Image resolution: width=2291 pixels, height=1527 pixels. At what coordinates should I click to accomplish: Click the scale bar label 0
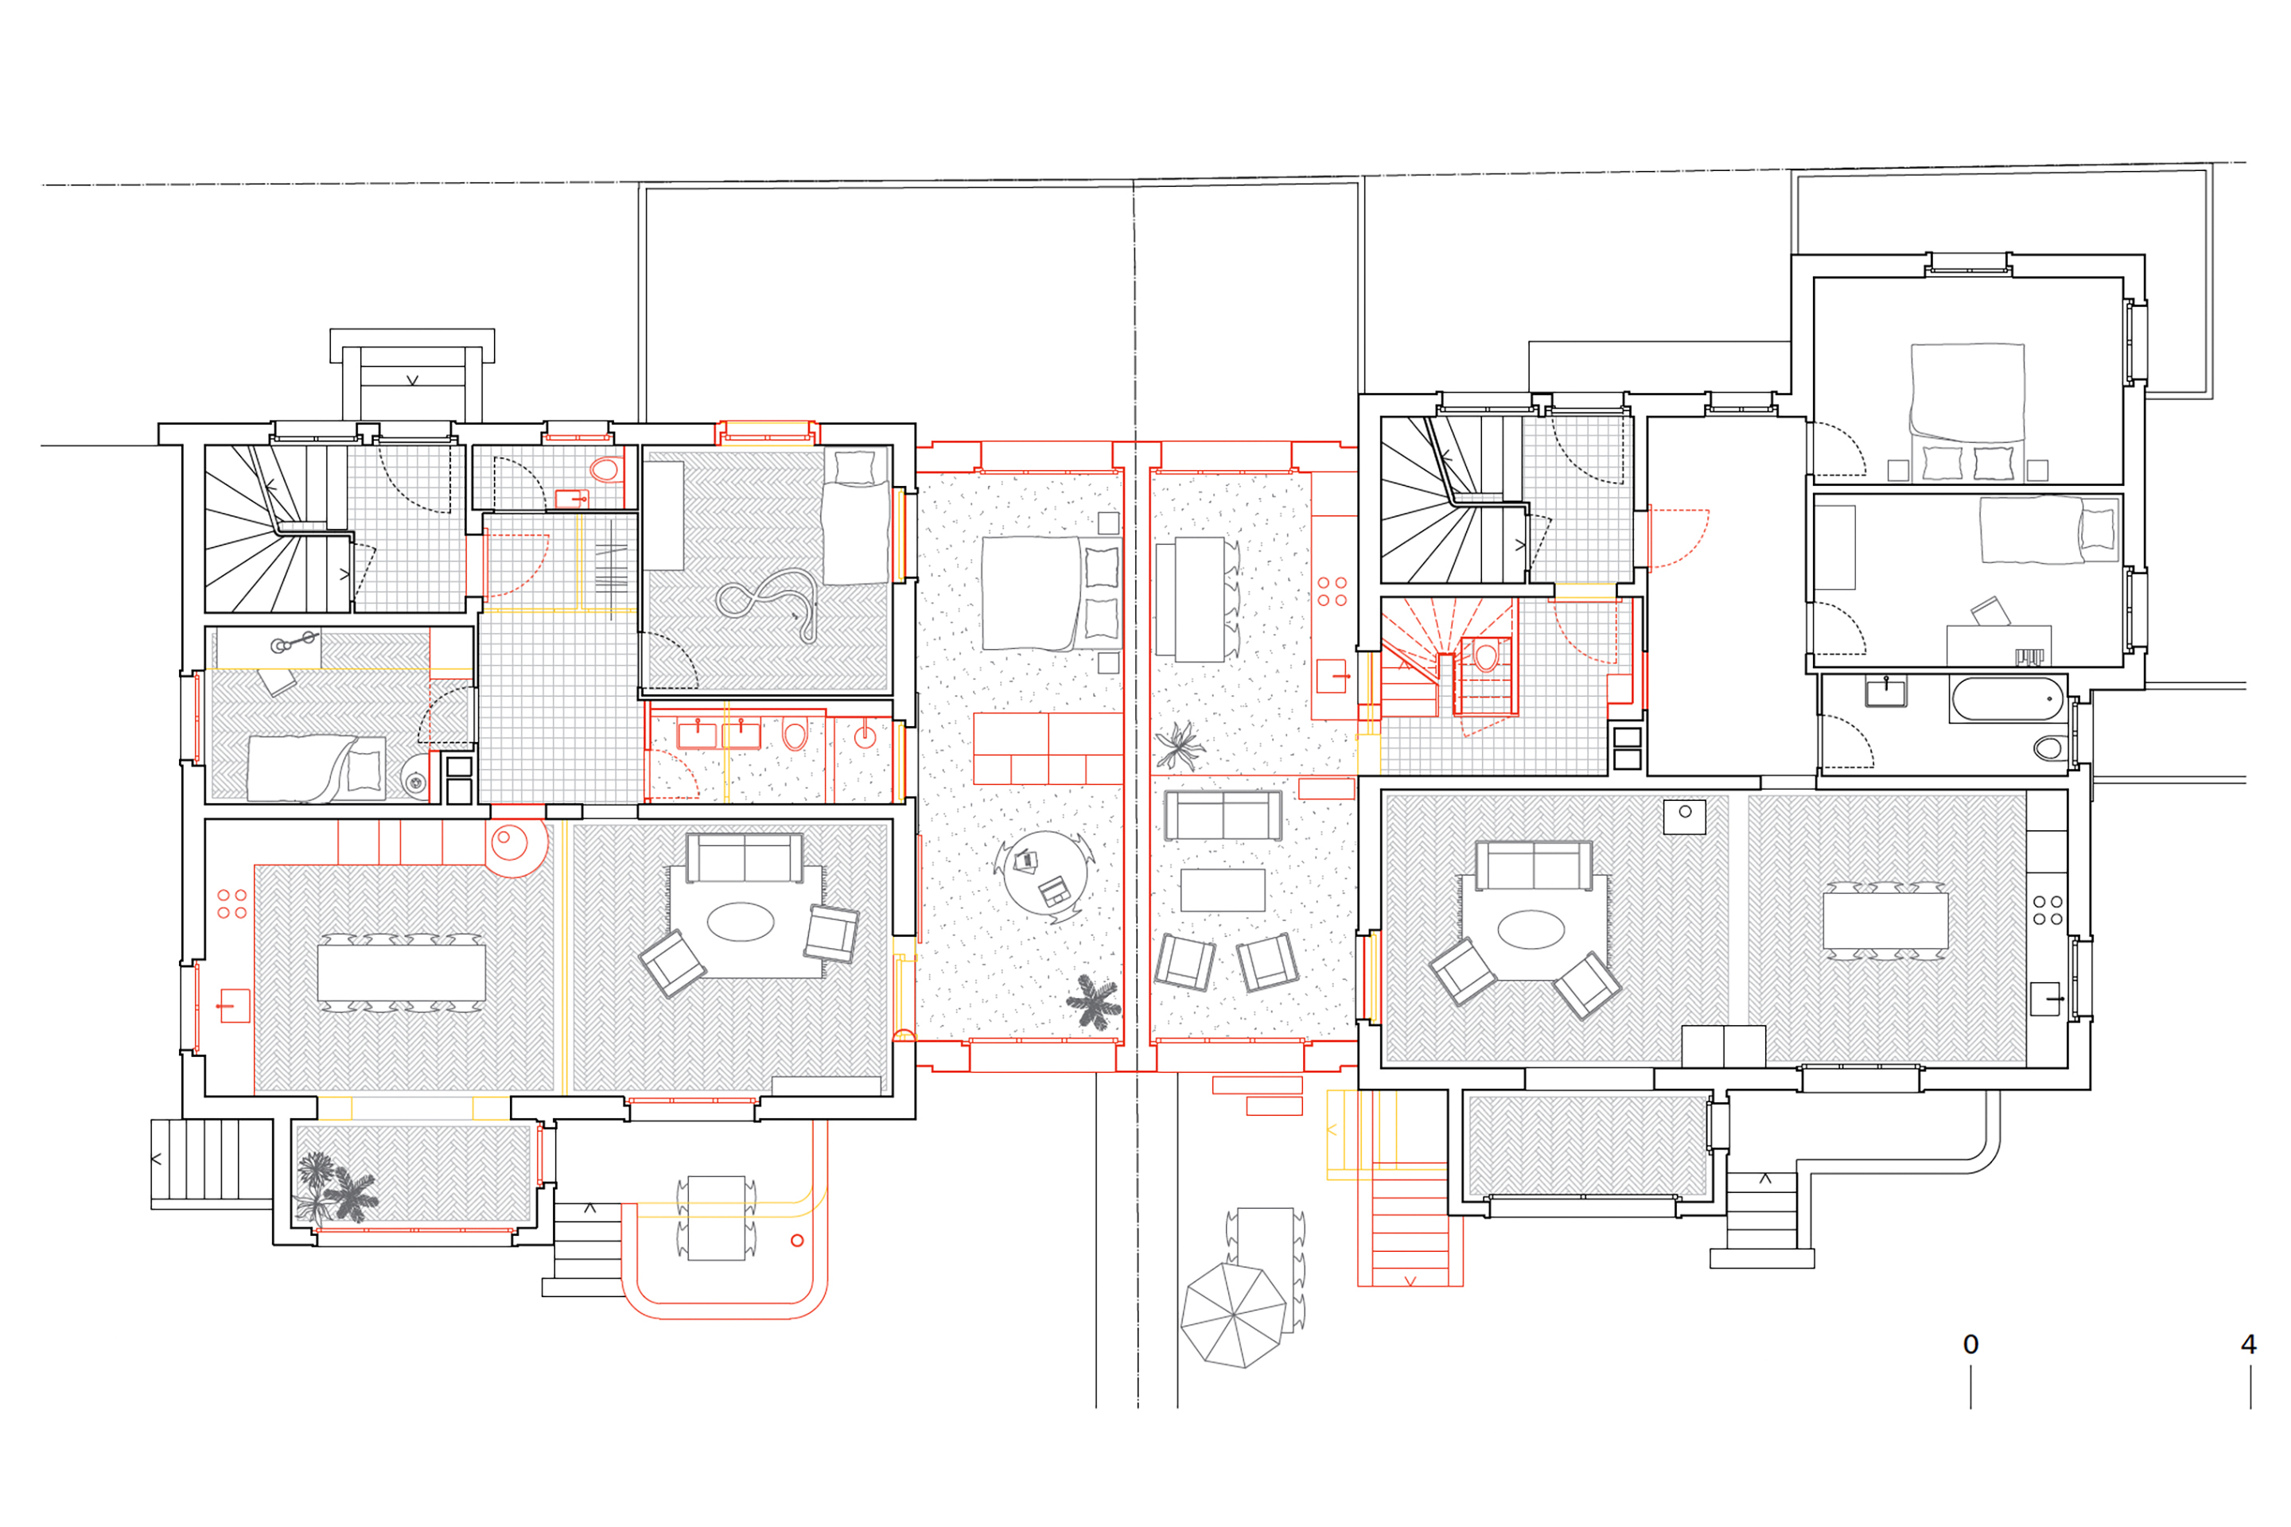click(x=1970, y=1345)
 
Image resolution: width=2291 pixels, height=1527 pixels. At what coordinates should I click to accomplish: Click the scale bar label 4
click(x=2248, y=1345)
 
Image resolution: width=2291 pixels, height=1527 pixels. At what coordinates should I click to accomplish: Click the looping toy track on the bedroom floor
click(x=768, y=606)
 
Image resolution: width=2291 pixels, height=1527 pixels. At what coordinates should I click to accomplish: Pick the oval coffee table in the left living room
click(x=741, y=921)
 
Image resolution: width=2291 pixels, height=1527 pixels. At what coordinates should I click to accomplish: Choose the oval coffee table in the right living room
click(x=1531, y=929)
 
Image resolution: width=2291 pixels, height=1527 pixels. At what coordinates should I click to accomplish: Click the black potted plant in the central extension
click(x=1094, y=1002)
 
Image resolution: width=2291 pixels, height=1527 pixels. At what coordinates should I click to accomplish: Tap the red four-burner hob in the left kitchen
click(x=231, y=903)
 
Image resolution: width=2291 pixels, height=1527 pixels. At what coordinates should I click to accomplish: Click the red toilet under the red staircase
click(x=1485, y=658)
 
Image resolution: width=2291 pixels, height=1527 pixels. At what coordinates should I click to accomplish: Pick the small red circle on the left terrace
click(x=797, y=1241)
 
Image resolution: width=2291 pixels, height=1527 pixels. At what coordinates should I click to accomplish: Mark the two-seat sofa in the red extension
click(x=1223, y=815)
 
